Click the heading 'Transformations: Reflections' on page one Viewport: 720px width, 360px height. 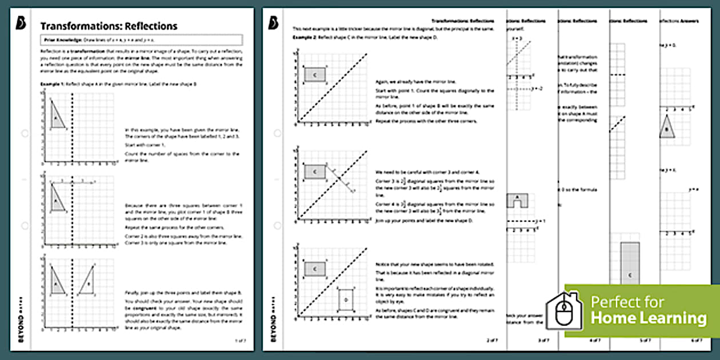[x=109, y=26]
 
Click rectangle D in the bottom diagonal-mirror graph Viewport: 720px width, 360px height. [x=346, y=299]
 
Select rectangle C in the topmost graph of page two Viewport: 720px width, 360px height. [x=314, y=74]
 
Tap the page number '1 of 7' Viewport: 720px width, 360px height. [x=241, y=340]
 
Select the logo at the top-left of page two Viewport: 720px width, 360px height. [x=273, y=23]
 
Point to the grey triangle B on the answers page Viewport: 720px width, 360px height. [x=667, y=127]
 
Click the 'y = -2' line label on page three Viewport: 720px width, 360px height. [x=537, y=89]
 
